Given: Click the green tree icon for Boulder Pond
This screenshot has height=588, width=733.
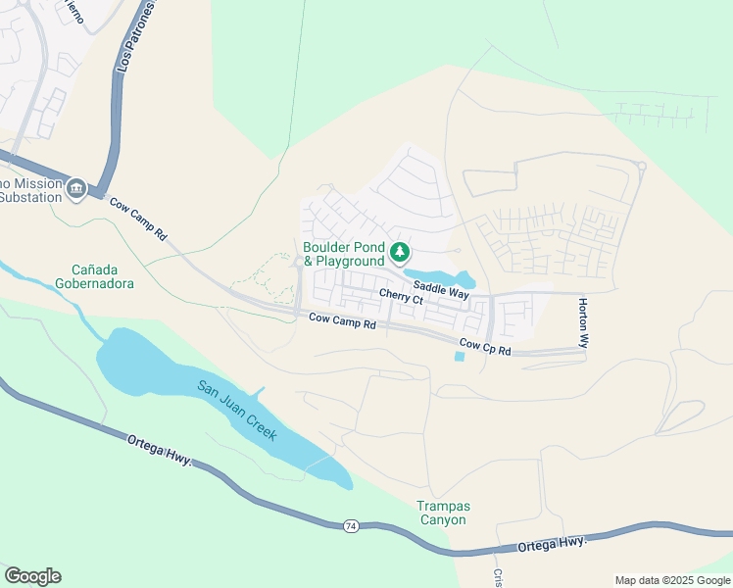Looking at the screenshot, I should click(399, 253).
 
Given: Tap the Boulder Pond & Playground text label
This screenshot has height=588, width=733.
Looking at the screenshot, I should click(344, 255).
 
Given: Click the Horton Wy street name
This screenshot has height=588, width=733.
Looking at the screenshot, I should click(582, 324).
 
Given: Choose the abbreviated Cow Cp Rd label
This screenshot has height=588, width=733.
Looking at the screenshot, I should click(484, 346).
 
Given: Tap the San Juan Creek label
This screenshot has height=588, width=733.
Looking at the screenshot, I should click(238, 410).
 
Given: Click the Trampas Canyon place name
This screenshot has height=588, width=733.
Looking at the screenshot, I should click(444, 513).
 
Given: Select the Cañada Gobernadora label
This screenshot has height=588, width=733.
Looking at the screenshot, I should click(102, 276).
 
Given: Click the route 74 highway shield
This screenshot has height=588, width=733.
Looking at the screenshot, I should click(351, 526).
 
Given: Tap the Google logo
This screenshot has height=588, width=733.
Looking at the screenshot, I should click(32, 576).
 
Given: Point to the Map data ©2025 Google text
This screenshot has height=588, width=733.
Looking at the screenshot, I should click(672, 580).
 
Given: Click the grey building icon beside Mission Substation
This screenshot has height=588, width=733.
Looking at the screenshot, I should click(76, 187).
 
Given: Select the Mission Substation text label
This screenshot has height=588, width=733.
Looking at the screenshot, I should click(29, 190).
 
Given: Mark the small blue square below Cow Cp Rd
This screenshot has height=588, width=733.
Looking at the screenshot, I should click(460, 356).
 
